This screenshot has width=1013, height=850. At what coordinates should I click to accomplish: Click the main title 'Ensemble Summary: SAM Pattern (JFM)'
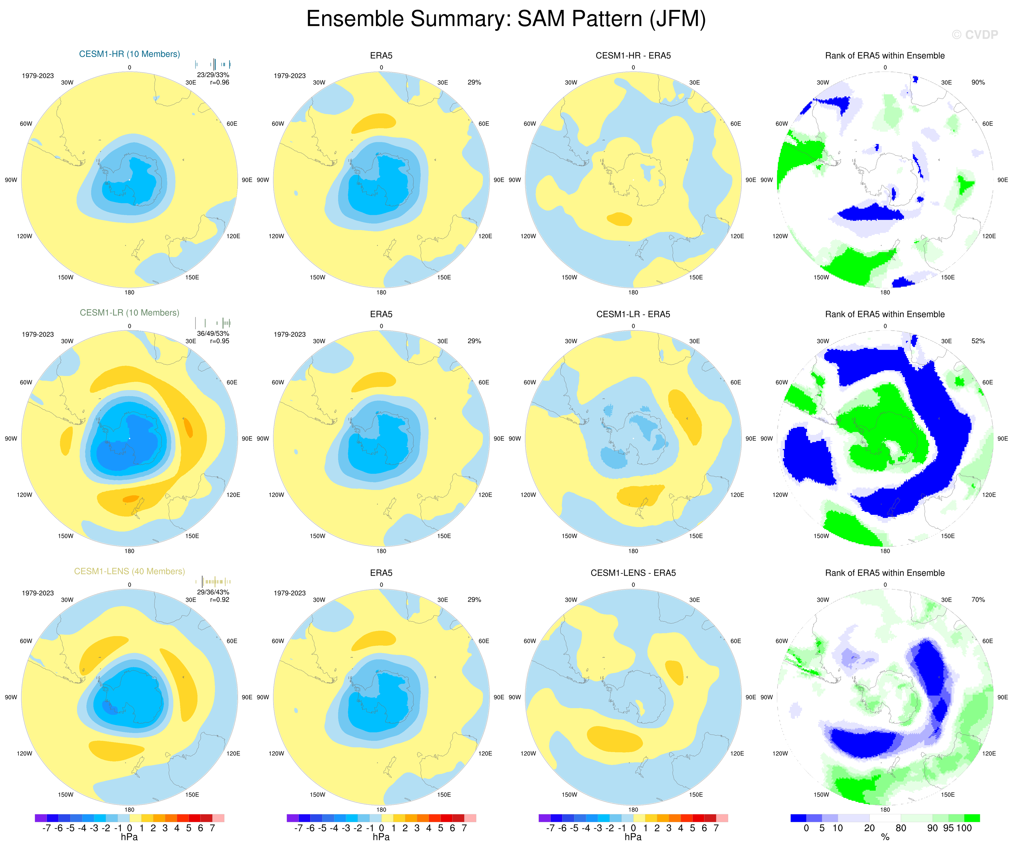coord(506,19)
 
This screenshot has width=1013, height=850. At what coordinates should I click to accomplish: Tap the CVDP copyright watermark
coord(974,35)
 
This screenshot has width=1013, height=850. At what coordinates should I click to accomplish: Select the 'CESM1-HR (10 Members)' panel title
coord(129,54)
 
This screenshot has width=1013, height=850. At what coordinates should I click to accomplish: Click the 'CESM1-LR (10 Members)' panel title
coord(129,312)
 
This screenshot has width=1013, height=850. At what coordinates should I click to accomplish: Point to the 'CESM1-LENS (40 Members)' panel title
coord(129,571)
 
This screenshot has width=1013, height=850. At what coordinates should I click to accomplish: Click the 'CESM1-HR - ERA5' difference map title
coord(633,56)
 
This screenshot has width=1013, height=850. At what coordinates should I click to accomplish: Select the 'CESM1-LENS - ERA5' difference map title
coord(633,573)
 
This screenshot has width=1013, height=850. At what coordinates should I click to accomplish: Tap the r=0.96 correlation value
coord(219,82)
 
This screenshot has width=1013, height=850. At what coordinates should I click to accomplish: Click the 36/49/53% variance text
coord(213,334)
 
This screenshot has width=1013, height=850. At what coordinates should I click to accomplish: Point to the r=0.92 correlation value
coord(219,600)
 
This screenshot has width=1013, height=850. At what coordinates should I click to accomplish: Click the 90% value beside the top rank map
coord(978,82)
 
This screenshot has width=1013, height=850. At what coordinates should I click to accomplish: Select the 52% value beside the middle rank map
coord(978,341)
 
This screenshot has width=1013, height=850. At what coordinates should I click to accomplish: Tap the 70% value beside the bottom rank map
coord(978,600)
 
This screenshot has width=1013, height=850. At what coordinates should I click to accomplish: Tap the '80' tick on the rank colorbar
coord(901,828)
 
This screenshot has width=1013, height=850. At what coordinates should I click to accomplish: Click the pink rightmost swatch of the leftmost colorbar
coord(218,818)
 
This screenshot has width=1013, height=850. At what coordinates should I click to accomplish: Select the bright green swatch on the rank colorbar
coord(972,818)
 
